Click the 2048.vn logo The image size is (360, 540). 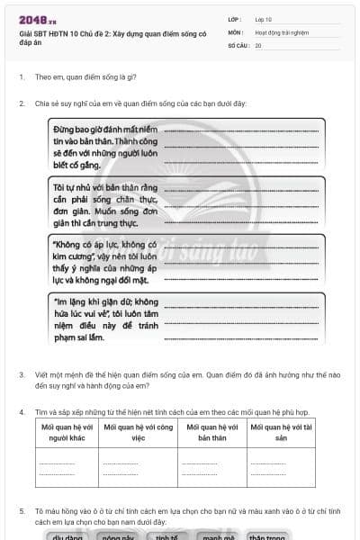click(37, 19)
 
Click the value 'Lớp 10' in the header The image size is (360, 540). click(264, 19)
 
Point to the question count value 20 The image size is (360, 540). click(259, 44)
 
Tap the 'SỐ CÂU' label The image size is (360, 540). click(238, 44)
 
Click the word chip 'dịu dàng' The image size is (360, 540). click(67, 536)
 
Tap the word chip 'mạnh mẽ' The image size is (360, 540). click(217, 536)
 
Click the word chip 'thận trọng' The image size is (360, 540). click(267, 536)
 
